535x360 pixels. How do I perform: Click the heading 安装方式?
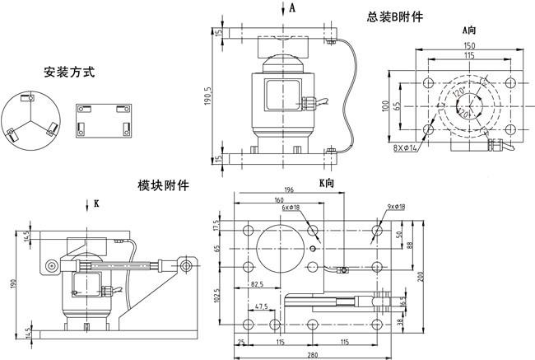pos(69,73)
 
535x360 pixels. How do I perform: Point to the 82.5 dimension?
pos(261,284)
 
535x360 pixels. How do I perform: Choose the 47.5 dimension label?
pos(262,307)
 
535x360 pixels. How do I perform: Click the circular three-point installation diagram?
pos(30,119)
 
